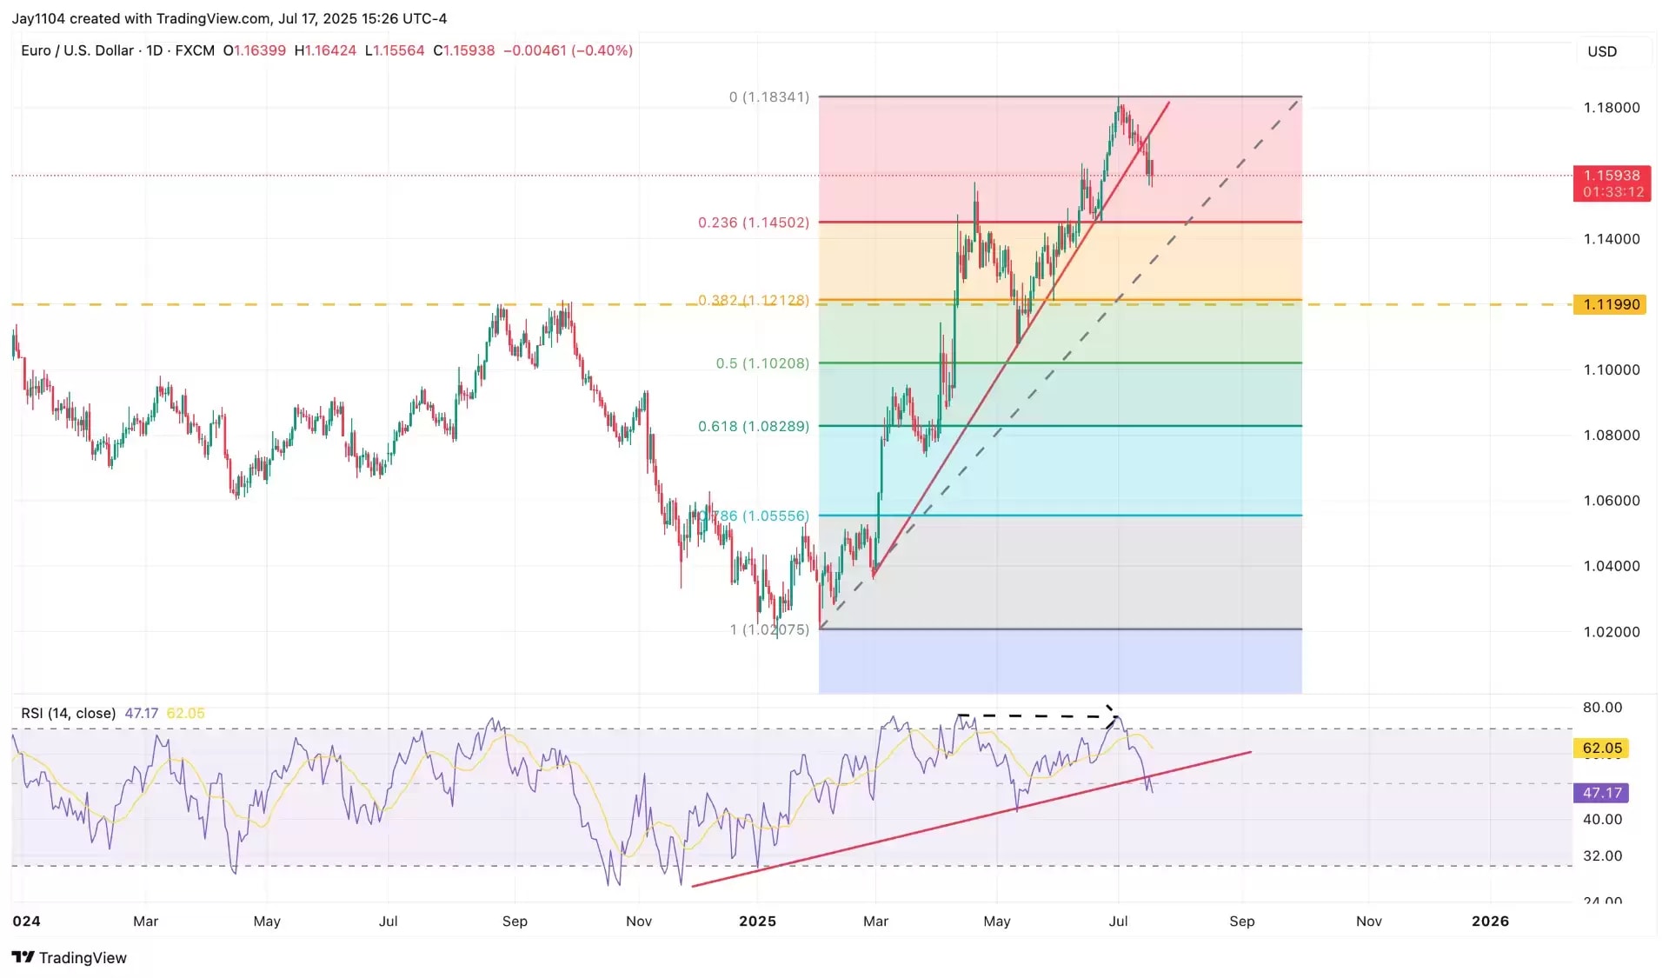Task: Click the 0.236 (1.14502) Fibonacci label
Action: click(x=753, y=223)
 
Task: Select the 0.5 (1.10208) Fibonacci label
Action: click(x=762, y=363)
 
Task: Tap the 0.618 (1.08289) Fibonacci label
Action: click(x=753, y=426)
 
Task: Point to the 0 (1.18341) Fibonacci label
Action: click(x=768, y=97)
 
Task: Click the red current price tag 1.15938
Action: click(x=1611, y=176)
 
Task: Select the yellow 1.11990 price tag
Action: click(x=1610, y=304)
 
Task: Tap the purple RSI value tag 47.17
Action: click(x=1601, y=793)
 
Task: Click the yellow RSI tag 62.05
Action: click(x=1601, y=748)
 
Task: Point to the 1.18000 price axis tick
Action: click(x=1611, y=108)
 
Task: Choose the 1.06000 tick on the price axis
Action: click(x=1611, y=501)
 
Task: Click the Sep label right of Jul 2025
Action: click(x=1241, y=921)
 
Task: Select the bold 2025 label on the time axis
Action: click(x=757, y=921)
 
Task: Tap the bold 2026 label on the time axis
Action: click(x=1490, y=921)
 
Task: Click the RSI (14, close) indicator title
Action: click(x=68, y=714)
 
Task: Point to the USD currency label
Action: click(x=1602, y=51)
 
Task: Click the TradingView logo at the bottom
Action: click(x=70, y=957)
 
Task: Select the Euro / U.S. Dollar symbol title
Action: click(x=77, y=50)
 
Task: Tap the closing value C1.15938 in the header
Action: click(x=464, y=50)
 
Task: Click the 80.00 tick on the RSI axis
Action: click(x=1602, y=708)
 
